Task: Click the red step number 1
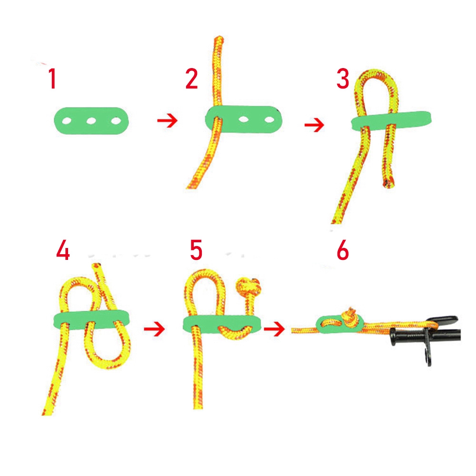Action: point(52,79)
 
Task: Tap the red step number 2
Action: point(191,79)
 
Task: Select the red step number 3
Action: point(343,79)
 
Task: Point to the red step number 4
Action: point(63,250)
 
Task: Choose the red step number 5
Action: point(196,250)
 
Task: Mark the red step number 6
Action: point(343,250)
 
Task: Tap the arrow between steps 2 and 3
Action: point(314,126)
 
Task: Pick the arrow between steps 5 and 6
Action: point(274,328)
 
